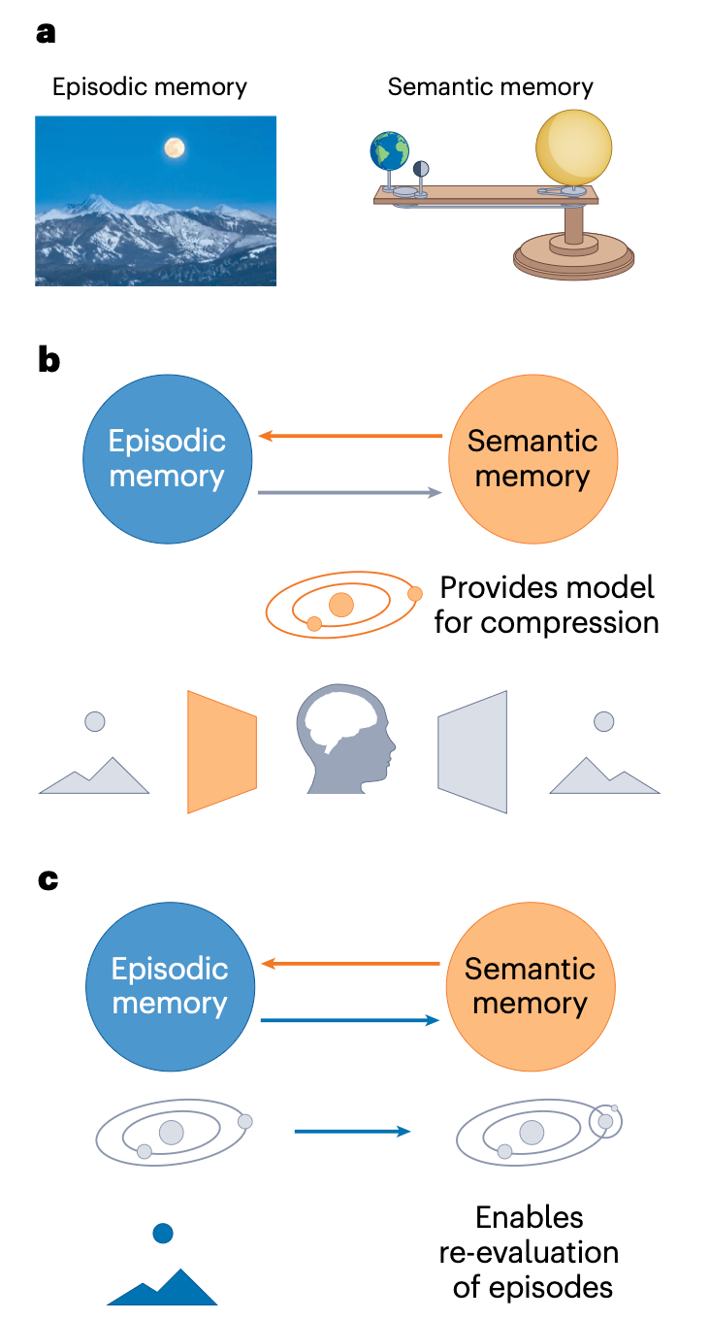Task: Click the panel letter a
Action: (46, 33)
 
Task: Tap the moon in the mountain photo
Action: (174, 148)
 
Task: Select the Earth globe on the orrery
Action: (389, 152)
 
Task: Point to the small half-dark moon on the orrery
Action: (421, 169)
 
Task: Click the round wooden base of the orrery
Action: (573, 254)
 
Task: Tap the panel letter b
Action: (48, 361)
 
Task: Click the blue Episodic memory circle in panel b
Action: (168, 458)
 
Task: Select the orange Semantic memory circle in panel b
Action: (532, 458)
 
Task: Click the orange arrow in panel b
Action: (350, 437)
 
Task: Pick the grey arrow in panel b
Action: (350, 493)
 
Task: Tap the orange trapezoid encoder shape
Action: (222, 751)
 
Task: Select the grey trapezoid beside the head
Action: (472, 751)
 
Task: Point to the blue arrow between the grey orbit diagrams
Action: (352, 1132)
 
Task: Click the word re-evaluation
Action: (530, 1252)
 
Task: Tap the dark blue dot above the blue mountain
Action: (163, 1234)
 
